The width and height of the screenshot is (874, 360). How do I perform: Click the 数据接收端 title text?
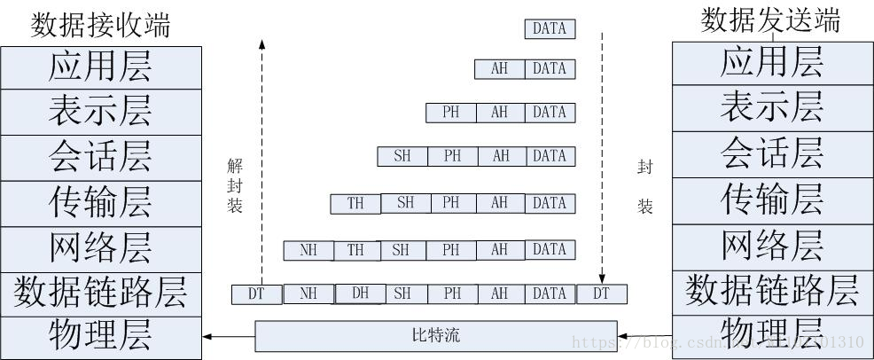point(100,25)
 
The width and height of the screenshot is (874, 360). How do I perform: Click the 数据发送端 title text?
point(770,20)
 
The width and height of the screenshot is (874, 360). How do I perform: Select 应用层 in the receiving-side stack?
point(100,66)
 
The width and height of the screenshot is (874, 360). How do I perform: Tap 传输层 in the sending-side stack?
point(771,200)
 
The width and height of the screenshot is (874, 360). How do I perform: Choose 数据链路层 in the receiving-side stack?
point(100,293)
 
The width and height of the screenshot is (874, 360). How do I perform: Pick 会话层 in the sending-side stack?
point(771,154)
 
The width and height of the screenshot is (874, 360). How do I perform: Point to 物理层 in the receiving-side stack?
point(100,336)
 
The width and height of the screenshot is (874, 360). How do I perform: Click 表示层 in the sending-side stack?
point(771,108)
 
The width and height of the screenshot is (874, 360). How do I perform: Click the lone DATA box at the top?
point(550,28)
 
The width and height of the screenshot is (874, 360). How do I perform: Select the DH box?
point(360,293)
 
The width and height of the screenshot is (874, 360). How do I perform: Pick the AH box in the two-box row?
point(499,68)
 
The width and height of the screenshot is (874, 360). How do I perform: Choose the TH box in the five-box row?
point(355,203)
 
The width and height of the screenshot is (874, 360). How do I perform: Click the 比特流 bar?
point(436,337)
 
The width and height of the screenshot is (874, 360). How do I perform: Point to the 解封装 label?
point(235,184)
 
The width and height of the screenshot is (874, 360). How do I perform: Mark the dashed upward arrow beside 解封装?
point(261,160)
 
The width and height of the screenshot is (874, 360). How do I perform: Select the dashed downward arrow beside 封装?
point(602,160)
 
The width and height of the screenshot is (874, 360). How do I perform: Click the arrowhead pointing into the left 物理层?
point(208,337)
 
